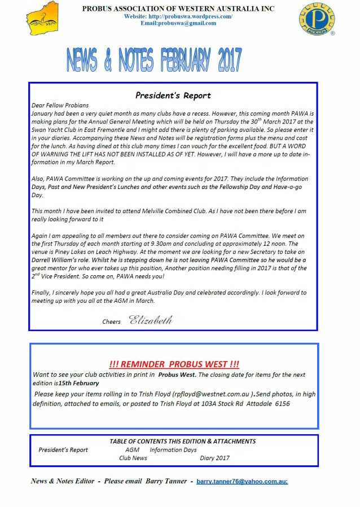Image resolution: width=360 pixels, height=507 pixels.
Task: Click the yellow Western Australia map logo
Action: click(42, 17)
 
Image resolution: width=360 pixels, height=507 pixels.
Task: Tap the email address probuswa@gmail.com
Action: click(178, 23)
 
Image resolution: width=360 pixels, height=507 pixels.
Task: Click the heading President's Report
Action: click(173, 95)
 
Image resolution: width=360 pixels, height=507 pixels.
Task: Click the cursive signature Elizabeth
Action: click(150, 321)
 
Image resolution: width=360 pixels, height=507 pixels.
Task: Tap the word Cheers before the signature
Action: click(111, 322)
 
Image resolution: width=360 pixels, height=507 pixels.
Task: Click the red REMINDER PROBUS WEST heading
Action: click(174, 364)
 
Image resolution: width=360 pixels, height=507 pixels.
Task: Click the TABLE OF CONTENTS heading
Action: click(182, 442)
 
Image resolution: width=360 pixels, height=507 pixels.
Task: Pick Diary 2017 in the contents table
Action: click(214, 458)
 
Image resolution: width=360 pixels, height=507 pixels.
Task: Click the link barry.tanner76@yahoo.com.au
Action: click(242, 482)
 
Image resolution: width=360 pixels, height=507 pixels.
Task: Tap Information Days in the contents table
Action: click(173, 450)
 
